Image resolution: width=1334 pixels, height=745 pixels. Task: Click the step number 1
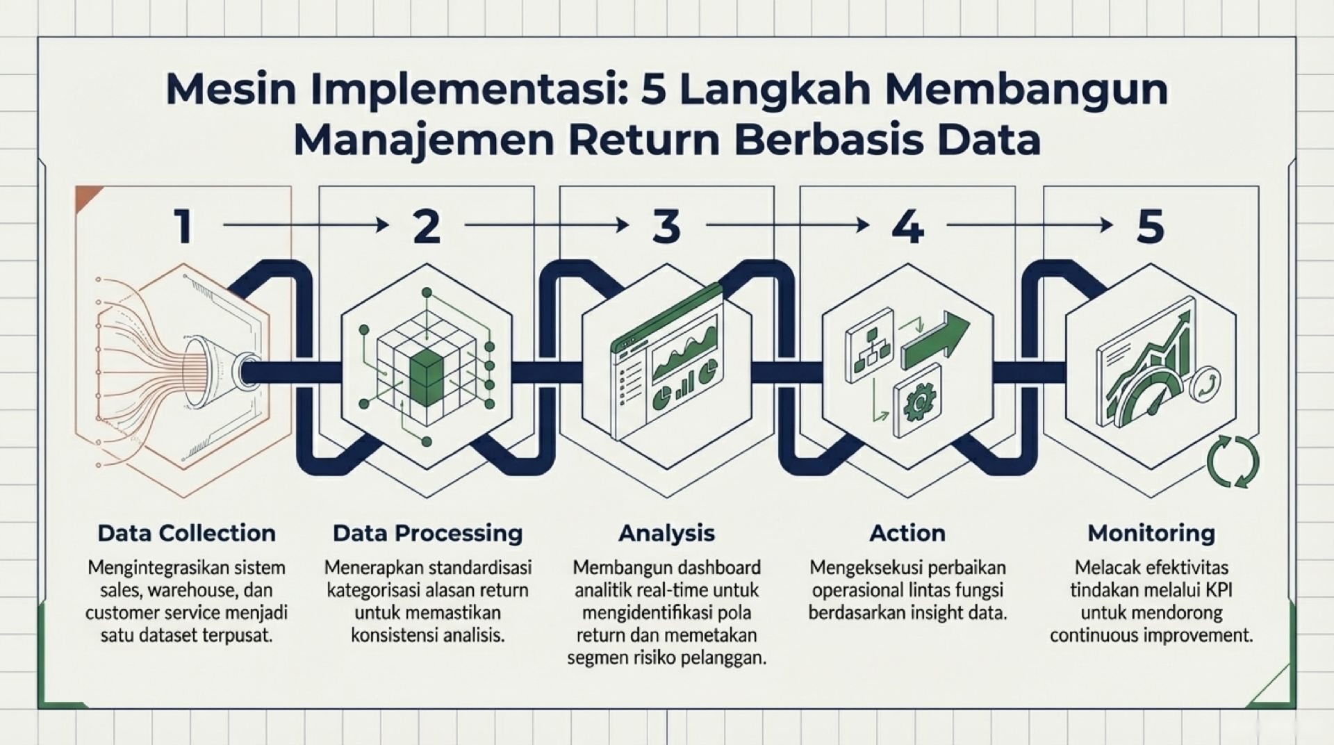click(x=183, y=227)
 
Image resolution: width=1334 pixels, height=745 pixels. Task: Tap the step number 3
click(x=666, y=227)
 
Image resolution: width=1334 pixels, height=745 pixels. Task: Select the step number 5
click(x=1150, y=227)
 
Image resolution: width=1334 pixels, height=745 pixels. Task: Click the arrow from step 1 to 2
click(x=306, y=225)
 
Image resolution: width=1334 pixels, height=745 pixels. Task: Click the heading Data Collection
click(x=186, y=533)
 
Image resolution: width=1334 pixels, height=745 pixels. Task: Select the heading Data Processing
click(x=427, y=533)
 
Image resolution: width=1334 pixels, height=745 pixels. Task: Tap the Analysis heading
click(x=666, y=533)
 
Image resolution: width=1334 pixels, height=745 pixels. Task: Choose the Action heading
click(x=907, y=533)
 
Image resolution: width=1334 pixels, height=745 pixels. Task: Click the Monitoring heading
click(x=1151, y=533)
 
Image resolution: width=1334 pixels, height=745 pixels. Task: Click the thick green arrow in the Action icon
click(x=935, y=340)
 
